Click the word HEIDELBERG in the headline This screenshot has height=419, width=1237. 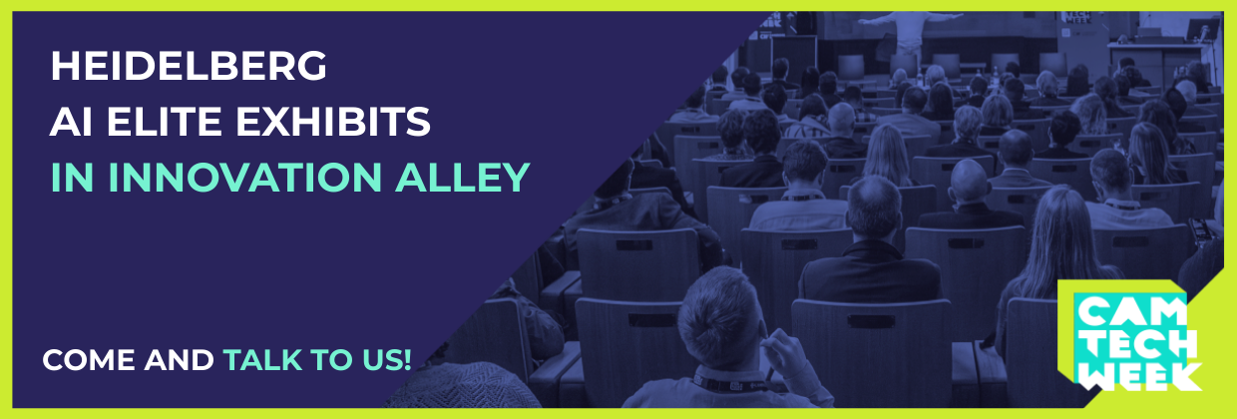pyautogui.click(x=189, y=66)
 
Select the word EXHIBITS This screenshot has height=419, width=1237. pyautogui.click(x=333, y=122)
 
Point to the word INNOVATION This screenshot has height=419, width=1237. pyautogui.click(x=244, y=178)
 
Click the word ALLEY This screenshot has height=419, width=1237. pyautogui.click(x=463, y=178)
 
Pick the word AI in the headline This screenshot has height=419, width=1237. pyautogui.click(x=71, y=122)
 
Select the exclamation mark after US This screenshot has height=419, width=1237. pyautogui.click(x=408, y=360)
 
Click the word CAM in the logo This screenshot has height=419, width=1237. pyautogui.click(x=1130, y=313)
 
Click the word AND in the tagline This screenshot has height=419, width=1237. pyautogui.click(x=179, y=360)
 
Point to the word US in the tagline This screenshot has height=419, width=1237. pyautogui.click(x=382, y=360)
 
